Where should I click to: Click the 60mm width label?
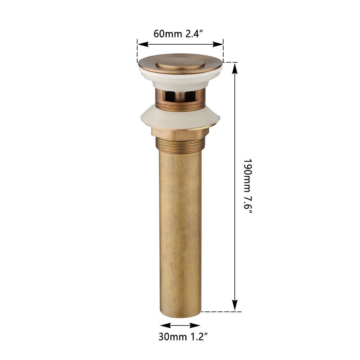(168, 34)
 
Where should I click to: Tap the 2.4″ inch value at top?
(194, 34)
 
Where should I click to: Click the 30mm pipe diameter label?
(172, 337)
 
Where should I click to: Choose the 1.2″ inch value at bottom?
(199, 337)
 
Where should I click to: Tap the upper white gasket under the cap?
(180, 79)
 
